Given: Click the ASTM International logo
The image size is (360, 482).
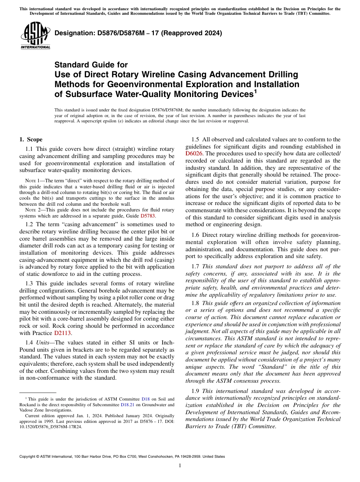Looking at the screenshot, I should click(x=35, y=36).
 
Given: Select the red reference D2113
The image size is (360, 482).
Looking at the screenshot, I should click(x=63, y=333).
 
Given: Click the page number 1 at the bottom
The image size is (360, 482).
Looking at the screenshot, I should click(x=180, y=465).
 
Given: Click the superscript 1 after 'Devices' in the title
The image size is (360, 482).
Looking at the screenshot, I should click(x=255, y=91).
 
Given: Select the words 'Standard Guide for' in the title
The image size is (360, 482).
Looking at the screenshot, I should click(x=91, y=65).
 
